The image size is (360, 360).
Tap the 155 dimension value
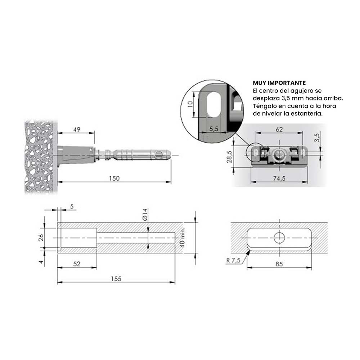[116, 278]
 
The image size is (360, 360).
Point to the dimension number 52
[76, 264]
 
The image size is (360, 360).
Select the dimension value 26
[41, 237]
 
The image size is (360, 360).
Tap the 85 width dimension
[279, 264]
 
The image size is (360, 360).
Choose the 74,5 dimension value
[279, 178]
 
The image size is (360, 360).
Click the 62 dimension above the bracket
[279, 129]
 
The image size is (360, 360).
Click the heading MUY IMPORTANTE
[279, 83]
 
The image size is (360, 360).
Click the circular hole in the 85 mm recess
[279, 238]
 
